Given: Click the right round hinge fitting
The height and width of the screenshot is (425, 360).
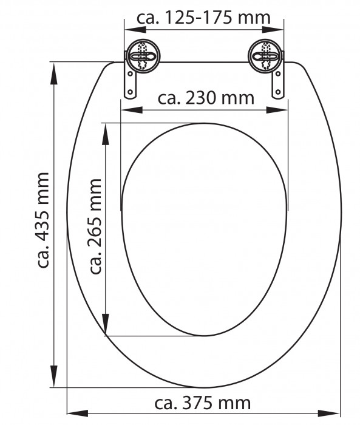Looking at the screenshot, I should pos(265,59).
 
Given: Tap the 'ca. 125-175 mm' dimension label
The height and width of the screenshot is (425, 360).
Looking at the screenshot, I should pos(203,18).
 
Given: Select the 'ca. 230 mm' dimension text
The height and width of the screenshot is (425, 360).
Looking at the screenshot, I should pos(206,98).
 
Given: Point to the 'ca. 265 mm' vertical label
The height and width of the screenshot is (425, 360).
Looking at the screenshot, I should pos(96,226).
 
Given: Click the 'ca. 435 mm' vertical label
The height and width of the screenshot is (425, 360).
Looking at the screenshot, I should pos(43,220).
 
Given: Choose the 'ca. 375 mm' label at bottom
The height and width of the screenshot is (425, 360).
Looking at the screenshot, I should pos(203,403).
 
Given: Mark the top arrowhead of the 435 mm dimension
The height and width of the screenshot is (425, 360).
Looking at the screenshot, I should pos(55,67).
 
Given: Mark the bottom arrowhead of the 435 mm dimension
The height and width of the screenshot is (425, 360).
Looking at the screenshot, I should pos(55,381).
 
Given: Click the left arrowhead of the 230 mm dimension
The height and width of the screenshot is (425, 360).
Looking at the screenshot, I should pos(127,110).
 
